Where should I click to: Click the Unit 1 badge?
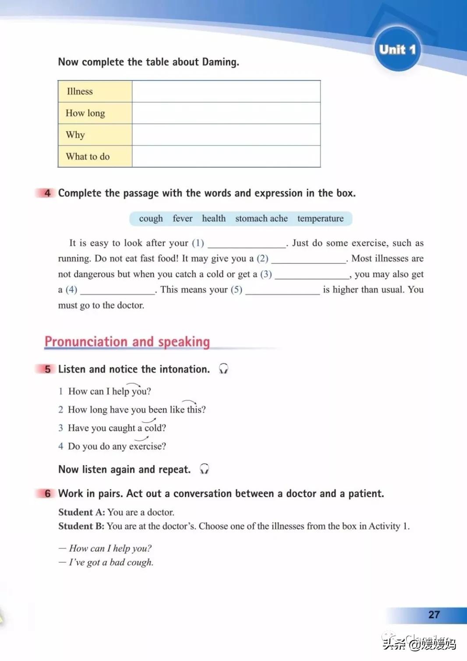pyautogui.click(x=397, y=49)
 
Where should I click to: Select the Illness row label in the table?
pyautogui.click(x=80, y=92)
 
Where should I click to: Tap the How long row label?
pyautogui.click(x=85, y=113)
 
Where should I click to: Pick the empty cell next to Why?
pyautogui.click(x=226, y=134)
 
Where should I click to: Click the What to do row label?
pyautogui.click(x=88, y=156)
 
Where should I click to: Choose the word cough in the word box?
pyautogui.click(x=151, y=219)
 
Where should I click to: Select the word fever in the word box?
pyautogui.click(x=182, y=219)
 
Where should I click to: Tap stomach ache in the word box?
pyautogui.click(x=262, y=219)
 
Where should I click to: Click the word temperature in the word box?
pyautogui.click(x=320, y=219)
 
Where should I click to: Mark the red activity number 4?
pyautogui.click(x=47, y=193)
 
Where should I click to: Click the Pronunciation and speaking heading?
pyautogui.click(x=127, y=342)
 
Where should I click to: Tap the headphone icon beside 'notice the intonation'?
pyautogui.click(x=223, y=369)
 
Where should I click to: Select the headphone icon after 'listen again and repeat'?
pyautogui.click(x=204, y=469)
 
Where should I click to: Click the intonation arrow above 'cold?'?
pyautogui.click(x=149, y=421)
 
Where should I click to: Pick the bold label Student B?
pyautogui.click(x=81, y=526)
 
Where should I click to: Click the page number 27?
pyautogui.click(x=434, y=615)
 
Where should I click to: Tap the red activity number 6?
pyautogui.click(x=47, y=494)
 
